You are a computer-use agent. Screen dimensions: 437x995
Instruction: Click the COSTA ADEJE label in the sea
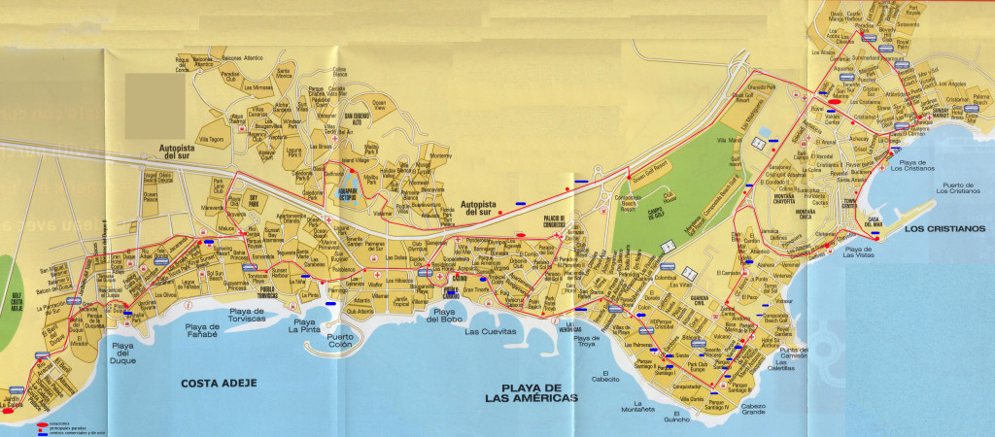tap(218, 384)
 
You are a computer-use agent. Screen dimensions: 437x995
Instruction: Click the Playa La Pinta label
tap(304, 327)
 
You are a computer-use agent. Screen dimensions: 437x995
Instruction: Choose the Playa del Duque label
tap(123, 352)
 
